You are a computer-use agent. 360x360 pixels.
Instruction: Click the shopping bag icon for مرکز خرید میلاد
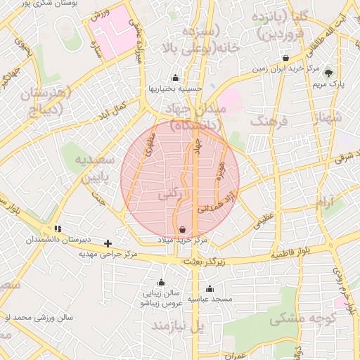click(183, 229)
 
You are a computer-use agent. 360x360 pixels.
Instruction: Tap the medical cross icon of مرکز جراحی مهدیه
click(108, 243)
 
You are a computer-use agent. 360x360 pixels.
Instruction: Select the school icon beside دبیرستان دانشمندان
click(58, 229)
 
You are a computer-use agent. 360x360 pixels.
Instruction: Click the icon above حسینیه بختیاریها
click(175, 78)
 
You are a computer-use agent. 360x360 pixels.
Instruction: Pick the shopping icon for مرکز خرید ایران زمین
click(285, 58)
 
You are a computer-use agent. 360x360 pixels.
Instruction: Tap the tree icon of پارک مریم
click(329, 72)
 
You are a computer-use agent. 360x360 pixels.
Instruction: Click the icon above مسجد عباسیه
click(210, 288)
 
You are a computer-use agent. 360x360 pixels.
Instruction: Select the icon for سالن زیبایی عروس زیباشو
click(161, 283)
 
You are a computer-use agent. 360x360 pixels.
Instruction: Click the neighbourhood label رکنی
click(172, 191)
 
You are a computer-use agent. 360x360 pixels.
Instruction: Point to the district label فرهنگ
click(274, 122)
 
